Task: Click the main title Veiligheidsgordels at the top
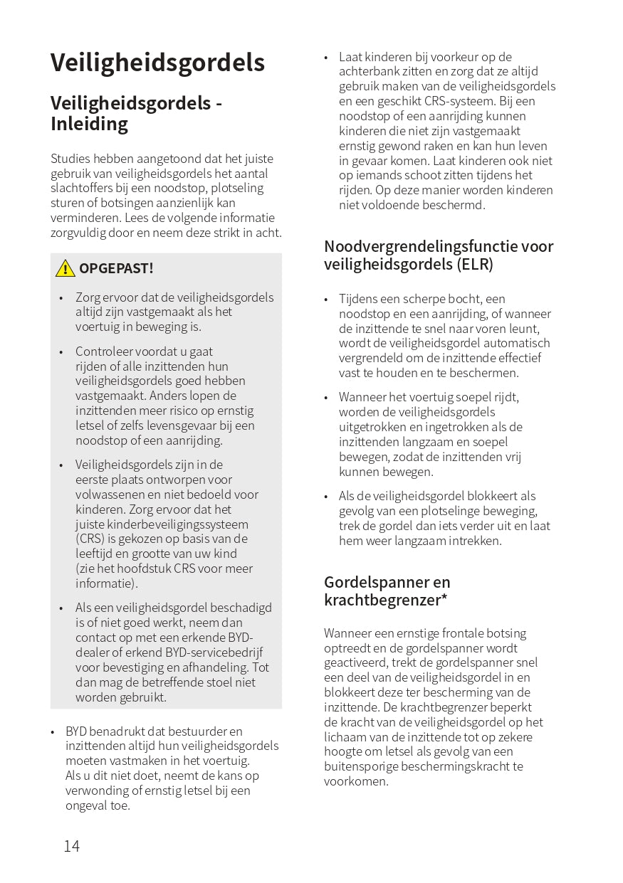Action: (157, 63)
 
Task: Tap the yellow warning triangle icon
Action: (65, 268)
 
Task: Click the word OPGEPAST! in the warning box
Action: (116, 268)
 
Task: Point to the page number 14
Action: (71, 846)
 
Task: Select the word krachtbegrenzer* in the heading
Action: (385, 600)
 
